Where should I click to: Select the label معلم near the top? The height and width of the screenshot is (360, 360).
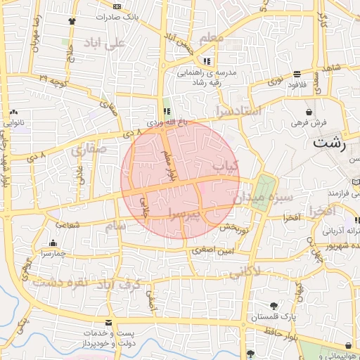(211, 37)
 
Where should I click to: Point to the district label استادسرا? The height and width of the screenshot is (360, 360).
(240, 110)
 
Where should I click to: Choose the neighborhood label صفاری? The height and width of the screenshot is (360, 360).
(87, 149)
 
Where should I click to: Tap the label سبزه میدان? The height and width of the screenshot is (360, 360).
(265, 198)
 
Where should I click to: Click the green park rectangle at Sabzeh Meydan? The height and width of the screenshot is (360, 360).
(264, 186)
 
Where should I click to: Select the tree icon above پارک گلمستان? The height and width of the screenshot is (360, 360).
(274, 306)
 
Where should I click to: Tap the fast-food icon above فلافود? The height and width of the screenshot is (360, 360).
(297, 73)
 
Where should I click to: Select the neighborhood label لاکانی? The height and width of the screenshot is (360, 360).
(245, 271)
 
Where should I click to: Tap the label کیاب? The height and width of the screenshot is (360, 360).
(226, 166)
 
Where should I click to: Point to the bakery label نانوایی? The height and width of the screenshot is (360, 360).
(14, 122)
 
